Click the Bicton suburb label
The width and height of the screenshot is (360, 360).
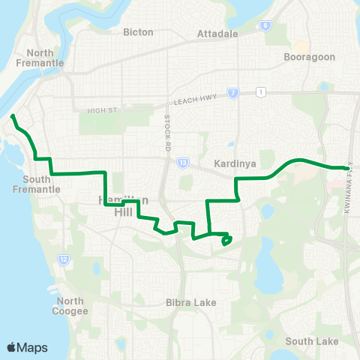(138, 32)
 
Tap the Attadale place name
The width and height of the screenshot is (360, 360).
(216, 34)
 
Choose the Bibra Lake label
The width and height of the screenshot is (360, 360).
(190, 303)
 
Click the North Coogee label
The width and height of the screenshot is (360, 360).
(71, 306)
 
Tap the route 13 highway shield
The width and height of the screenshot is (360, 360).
(183, 162)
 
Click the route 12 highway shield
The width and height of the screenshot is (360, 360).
(63, 259)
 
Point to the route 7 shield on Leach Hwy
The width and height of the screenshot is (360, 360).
(234, 94)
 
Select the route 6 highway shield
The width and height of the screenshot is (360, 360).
(265, 25)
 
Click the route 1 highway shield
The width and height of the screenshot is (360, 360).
(260, 92)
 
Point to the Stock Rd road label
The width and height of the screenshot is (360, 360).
(166, 124)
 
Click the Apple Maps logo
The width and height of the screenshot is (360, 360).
(26, 347)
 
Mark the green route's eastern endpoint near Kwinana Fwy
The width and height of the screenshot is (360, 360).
(346, 168)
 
